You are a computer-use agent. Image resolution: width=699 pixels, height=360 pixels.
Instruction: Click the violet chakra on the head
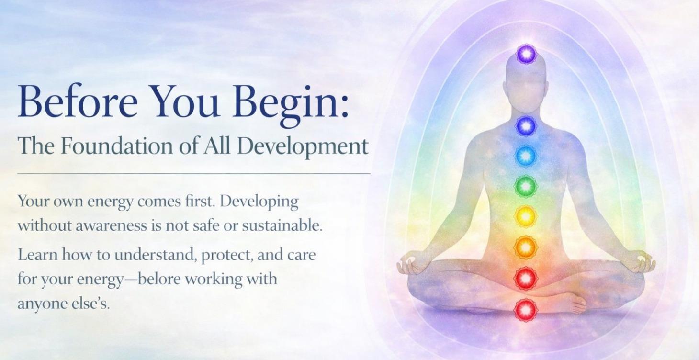526,54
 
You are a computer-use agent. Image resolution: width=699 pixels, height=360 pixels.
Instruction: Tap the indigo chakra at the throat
526,125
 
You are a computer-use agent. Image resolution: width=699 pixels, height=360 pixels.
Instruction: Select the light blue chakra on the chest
526,155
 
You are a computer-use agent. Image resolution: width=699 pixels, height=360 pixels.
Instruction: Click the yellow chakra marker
526,216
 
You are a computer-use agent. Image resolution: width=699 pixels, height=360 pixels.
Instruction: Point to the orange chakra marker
526,247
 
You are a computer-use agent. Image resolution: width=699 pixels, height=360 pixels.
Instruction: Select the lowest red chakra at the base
526,310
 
